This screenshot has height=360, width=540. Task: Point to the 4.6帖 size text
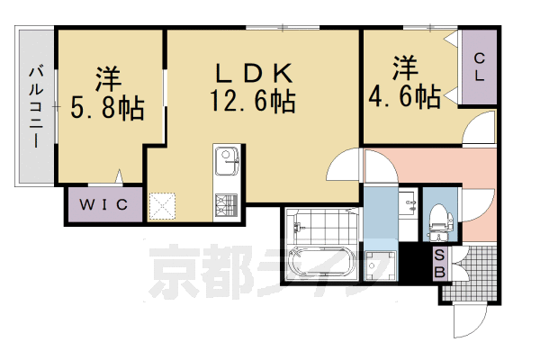tap(404, 95)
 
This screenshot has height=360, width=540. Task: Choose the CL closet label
tap(480, 67)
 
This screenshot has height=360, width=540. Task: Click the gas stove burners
tap(225, 203)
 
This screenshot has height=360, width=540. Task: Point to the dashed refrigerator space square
tap(163, 207)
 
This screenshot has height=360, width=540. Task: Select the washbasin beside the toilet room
tap(409, 206)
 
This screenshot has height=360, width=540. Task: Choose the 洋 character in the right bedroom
tap(404, 66)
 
